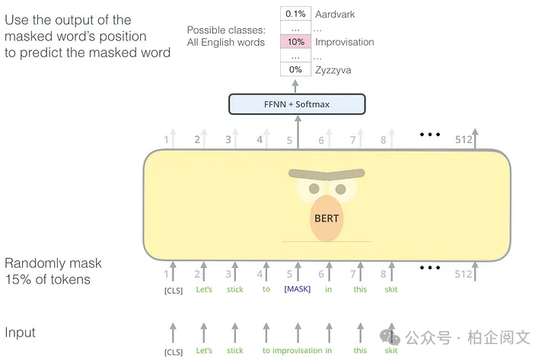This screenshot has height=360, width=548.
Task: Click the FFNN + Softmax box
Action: click(297, 104)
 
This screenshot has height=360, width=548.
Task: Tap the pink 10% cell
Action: click(295, 42)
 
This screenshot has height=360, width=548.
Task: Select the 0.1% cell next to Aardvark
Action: click(295, 14)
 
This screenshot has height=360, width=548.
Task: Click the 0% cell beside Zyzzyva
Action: click(295, 69)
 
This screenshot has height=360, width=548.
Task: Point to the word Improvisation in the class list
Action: click(345, 43)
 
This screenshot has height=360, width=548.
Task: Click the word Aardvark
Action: click(335, 14)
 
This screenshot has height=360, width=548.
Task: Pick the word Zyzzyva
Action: click(333, 70)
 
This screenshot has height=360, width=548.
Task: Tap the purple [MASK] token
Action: click(298, 289)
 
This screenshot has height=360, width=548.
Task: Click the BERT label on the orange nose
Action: click(327, 218)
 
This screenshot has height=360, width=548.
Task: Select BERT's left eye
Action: click(314, 189)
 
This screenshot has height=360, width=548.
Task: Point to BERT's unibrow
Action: click(327, 174)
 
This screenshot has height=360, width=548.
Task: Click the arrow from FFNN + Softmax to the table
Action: click(295, 86)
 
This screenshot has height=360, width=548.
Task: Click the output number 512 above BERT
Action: click(464, 140)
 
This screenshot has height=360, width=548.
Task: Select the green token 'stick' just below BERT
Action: click(235, 289)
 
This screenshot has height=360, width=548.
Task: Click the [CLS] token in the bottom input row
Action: click(174, 352)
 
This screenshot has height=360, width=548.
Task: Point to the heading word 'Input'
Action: click(20, 333)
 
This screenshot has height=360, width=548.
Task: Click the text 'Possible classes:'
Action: click(226, 30)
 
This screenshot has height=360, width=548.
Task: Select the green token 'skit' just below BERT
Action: click(391, 289)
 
